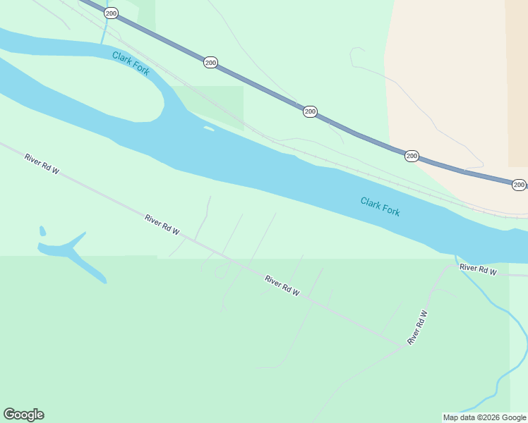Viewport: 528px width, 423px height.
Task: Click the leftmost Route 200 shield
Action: pyautogui.click(x=111, y=13)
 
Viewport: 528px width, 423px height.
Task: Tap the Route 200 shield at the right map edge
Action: pyautogui.click(x=519, y=185)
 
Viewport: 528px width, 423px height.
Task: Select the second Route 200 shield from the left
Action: pyautogui.click(x=210, y=63)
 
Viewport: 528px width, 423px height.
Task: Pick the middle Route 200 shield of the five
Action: pyautogui.click(x=310, y=111)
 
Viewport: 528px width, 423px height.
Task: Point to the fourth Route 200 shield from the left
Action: pyautogui.click(x=412, y=156)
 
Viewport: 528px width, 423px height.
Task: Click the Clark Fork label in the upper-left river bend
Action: pyautogui.click(x=131, y=63)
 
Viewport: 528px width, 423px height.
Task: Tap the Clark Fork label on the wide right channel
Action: pyautogui.click(x=380, y=207)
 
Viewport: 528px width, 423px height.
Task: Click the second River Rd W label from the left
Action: pyautogui.click(x=163, y=225)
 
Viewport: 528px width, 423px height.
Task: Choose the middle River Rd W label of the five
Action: pyautogui.click(x=283, y=285)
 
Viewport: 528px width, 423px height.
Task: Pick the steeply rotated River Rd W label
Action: pyautogui.click(x=418, y=328)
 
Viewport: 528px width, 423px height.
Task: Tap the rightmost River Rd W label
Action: pyautogui.click(x=479, y=269)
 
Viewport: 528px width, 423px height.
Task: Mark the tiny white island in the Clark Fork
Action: pyautogui.click(x=208, y=128)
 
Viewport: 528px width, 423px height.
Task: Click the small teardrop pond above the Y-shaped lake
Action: pyautogui.click(x=42, y=231)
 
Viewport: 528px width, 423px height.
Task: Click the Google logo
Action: pyautogui.click(x=23, y=415)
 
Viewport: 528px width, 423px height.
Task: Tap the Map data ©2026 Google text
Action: pyautogui.click(x=484, y=417)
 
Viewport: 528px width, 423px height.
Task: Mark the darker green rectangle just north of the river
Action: pyautogui.click(x=212, y=106)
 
